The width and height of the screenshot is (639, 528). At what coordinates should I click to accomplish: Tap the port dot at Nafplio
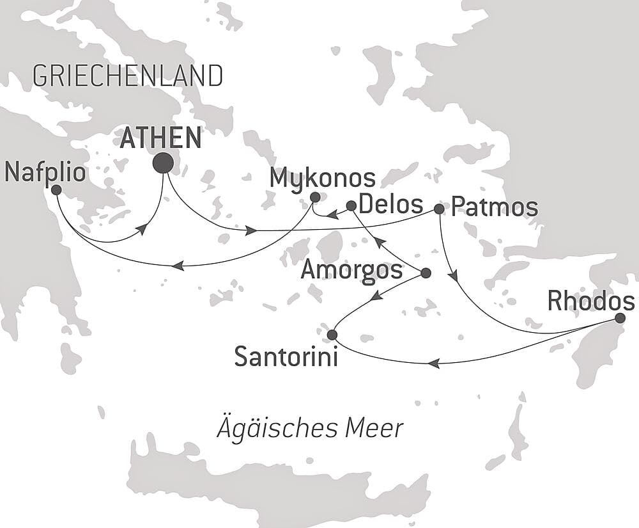[56, 189]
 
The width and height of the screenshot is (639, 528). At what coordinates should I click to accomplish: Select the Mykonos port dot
[314, 197]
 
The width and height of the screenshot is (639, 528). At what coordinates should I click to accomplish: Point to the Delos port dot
[351, 205]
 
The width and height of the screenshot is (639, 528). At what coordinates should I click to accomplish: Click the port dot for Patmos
[439, 209]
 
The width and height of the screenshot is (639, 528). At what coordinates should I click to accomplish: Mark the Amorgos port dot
[426, 273]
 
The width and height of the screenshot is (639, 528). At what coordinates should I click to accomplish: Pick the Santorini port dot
[332, 335]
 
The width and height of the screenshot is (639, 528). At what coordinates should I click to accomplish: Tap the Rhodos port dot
[620, 318]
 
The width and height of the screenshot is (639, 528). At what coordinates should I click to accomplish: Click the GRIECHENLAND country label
[127, 76]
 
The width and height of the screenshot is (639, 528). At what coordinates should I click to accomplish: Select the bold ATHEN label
[160, 138]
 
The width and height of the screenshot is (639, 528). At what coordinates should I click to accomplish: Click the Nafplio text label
[45, 172]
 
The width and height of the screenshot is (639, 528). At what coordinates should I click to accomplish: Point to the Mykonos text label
[322, 179]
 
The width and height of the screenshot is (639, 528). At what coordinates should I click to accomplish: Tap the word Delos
[391, 205]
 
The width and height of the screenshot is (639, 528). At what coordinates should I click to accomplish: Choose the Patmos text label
[495, 208]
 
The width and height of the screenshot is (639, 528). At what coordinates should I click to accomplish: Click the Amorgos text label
[351, 270]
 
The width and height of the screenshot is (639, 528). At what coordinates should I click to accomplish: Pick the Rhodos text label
[592, 300]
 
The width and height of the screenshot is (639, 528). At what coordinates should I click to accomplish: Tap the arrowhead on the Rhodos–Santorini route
[434, 364]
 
